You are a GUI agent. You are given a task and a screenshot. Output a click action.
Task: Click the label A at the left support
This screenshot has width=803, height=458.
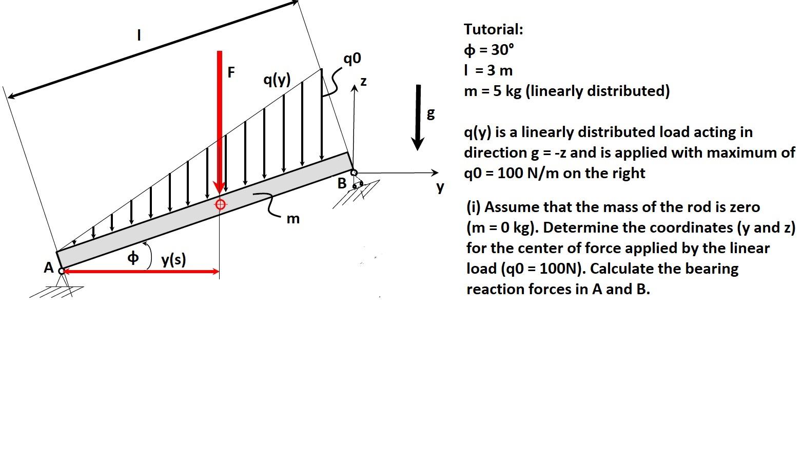49,268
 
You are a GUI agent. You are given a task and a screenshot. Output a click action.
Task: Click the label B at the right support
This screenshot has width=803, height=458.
342,183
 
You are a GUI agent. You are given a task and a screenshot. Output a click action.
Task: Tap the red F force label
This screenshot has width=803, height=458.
231,72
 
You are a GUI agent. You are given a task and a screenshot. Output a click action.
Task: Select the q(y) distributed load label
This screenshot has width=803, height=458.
277,80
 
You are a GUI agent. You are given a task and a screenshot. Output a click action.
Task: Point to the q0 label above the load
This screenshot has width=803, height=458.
352,59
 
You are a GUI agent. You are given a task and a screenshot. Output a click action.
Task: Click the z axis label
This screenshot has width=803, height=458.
364,82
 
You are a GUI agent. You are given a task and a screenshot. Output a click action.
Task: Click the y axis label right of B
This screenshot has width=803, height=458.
440,187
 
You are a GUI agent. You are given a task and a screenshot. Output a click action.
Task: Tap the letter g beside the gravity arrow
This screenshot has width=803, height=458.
430,113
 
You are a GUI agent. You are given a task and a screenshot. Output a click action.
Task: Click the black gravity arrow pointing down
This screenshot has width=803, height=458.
419,118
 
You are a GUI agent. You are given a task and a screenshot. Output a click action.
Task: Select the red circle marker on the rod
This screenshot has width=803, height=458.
220,204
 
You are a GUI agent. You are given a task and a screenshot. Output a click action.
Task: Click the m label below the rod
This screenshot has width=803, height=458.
292,219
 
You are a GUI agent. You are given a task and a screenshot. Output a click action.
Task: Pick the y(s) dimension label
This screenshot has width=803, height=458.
173,260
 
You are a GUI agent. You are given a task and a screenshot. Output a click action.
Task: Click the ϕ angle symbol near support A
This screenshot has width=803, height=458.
133,257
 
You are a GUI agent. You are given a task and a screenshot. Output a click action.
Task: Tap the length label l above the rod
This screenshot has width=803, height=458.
138,35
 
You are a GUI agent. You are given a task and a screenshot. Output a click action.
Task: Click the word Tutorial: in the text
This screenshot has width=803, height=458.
493,29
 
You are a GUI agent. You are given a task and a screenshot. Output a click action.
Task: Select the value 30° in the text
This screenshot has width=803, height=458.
502,50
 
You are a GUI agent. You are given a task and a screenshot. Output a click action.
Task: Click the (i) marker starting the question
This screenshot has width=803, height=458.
473,207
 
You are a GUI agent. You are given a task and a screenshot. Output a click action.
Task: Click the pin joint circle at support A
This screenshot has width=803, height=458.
62,271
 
